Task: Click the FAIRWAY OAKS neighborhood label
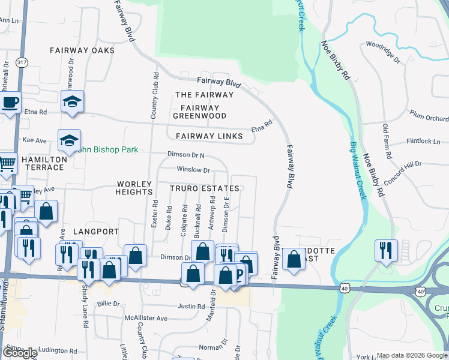pyautogui.click(x=82, y=50)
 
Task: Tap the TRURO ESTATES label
pyautogui.click(x=205, y=188)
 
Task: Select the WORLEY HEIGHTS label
pyautogui.click(x=135, y=187)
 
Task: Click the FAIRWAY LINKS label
pyautogui.click(x=209, y=136)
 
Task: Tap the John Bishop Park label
pyautogui.click(x=108, y=149)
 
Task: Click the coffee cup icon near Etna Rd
pyautogui.click(x=11, y=103)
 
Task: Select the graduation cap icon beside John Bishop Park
pyautogui.click(x=69, y=141)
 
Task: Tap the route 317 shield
pyautogui.click(x=22, y=62)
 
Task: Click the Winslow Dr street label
pyautogui.click(x=193, y=170)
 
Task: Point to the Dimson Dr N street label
pyautogui.click(x=185, y=155)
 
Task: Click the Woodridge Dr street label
pyautogui.click(x=383, y=52)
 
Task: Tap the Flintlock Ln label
pyautogui.click(x=423, y=142)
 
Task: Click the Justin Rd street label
pyautogui.click(x=191, y=306)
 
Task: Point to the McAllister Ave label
pyautogui.click(x=146, y=318)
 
